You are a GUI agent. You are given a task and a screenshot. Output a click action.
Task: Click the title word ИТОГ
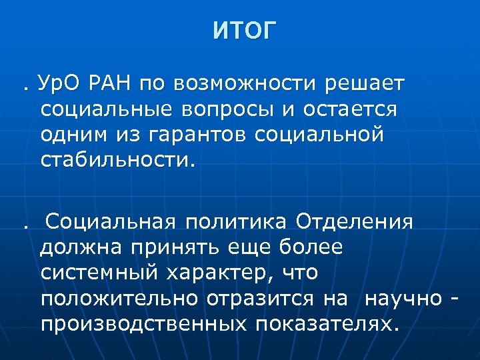[243, 31]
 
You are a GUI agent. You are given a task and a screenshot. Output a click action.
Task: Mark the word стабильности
[119, 161]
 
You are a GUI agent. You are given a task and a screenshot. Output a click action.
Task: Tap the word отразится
[259, 298]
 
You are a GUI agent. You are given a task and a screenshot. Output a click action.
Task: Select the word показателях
[325, 323]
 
